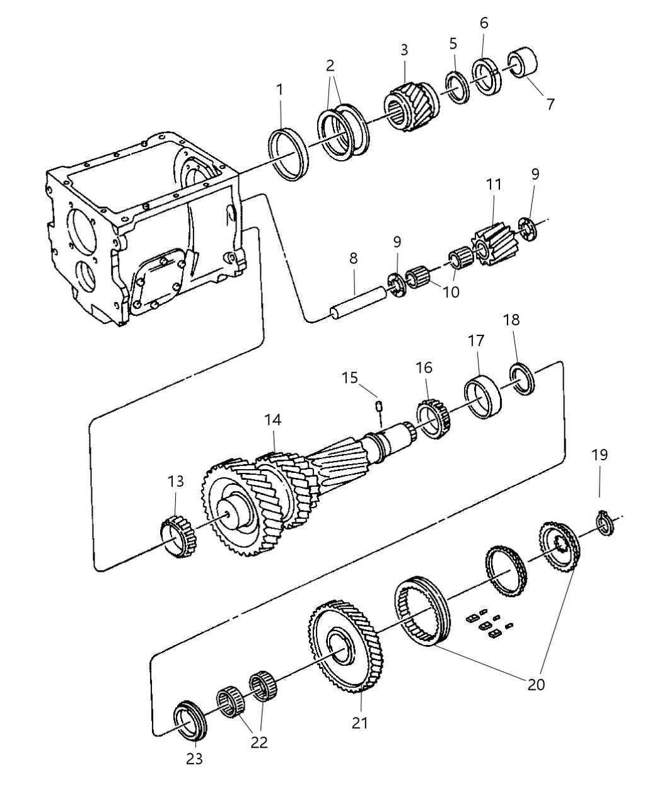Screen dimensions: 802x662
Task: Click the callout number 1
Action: point(279,90)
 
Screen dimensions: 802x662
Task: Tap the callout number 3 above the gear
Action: point(404,50)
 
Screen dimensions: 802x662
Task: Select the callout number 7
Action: point(550,104)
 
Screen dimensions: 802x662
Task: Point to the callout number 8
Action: point(353,258)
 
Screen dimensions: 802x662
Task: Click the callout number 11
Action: point(494,185)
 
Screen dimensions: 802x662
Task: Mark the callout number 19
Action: point(600,455)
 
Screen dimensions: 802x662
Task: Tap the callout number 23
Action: point(194,758)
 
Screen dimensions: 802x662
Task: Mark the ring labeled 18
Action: point(523,379)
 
